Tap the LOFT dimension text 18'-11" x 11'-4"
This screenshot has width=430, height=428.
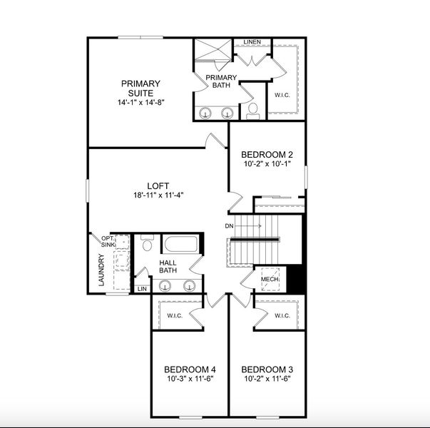(158, 196)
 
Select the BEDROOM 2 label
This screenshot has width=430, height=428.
(267, 155)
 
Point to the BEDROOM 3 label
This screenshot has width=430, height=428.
(267, 369)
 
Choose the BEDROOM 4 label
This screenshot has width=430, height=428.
(190, 369)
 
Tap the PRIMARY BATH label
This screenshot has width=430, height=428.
(220, 81)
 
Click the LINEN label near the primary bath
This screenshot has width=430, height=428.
(252, 42)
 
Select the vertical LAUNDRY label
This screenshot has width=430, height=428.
(101, 271)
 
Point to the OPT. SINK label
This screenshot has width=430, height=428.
(108, 242)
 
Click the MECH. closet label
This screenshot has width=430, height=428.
(269, 280)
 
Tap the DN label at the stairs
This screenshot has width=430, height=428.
(230, 226)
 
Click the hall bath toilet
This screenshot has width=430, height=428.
(148, 245)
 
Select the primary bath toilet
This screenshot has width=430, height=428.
(252, 111)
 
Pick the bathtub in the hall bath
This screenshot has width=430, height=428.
(181, 245)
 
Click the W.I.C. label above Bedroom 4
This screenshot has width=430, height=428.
(176, 315)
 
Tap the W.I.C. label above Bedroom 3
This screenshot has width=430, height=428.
(280, 315)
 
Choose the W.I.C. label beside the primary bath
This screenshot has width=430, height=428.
(282, 93)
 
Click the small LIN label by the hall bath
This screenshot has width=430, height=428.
(141, 289)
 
